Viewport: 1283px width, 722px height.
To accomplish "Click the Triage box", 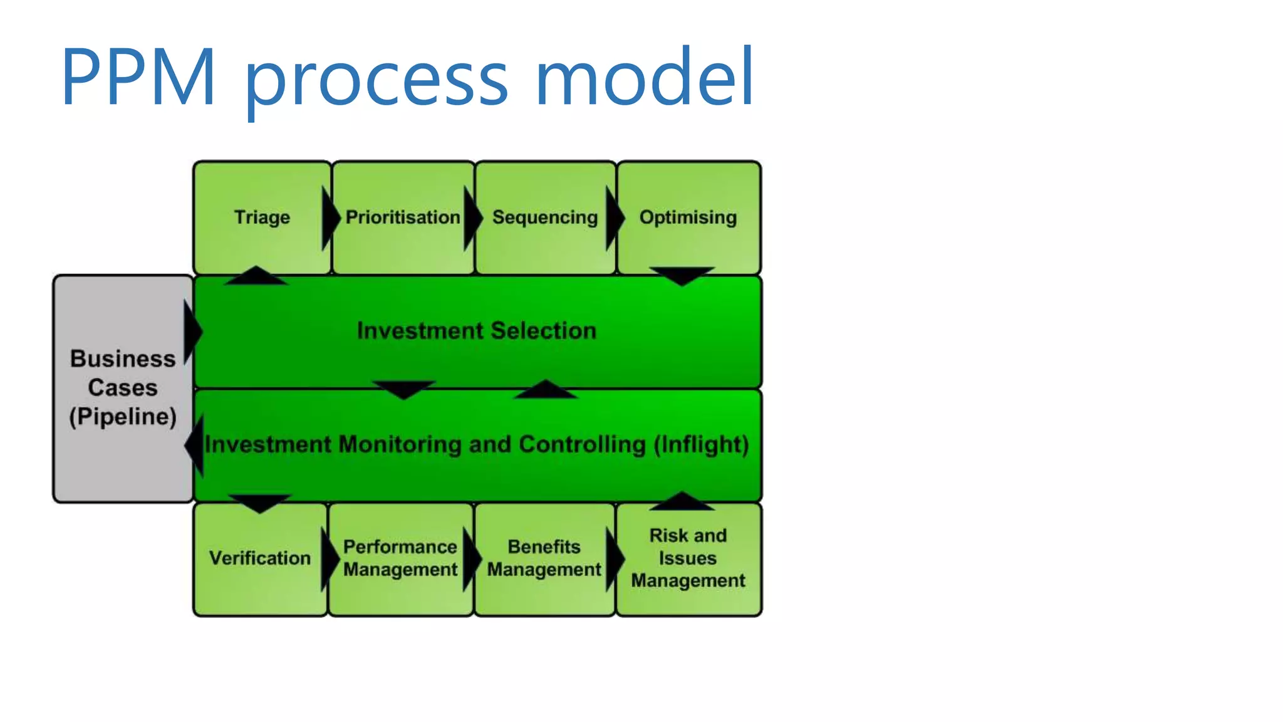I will tap(262, 217).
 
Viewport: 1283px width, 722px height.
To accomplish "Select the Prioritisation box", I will tap(403, 217).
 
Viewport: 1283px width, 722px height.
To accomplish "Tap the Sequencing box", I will tap(545, 217).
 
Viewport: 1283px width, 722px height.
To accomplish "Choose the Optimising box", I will tap(688, 217).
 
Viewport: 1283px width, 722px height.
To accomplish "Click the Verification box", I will tap(259, 558).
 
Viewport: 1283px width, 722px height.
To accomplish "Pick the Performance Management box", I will tap(400, 558).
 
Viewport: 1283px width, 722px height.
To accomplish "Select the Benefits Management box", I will tap(544, 558).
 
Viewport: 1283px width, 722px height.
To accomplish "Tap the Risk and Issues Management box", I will tap(688, 558).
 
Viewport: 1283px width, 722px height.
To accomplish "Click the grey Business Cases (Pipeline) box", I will tap(123, 388).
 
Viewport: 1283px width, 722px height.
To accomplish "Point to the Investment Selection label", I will tap(476, 331).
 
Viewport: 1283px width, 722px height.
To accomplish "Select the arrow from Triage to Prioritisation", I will tap(330, 218).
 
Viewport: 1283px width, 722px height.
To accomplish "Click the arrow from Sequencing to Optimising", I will tap(615, 218).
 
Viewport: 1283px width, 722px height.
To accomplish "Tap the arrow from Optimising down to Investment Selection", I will tap(682, 275).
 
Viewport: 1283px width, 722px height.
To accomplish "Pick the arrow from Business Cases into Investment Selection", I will tap(192, 332).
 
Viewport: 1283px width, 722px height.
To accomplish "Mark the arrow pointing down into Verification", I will tap(259, 503).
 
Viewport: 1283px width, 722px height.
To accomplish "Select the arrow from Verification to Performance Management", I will tap(329, 558).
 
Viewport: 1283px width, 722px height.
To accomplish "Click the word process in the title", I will tap(376, 78).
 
